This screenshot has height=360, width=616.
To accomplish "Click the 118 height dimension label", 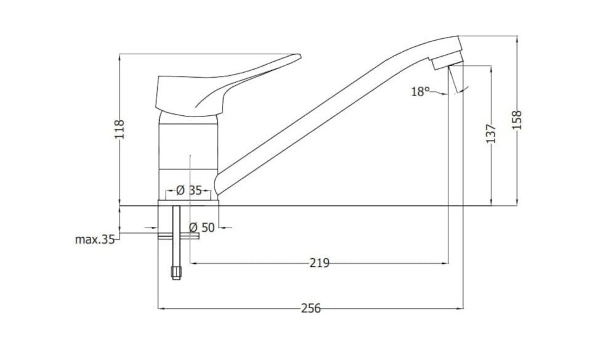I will [120, 130].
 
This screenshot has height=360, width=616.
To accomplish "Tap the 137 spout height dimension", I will [491, 134].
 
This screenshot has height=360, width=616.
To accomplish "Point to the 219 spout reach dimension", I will [319, 264].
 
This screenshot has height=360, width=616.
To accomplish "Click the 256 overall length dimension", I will [311, 308].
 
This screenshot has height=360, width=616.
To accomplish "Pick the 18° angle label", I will [419, 92].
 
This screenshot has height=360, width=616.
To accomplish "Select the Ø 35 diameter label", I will [188, 190].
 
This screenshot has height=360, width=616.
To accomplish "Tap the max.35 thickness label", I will [95, 240].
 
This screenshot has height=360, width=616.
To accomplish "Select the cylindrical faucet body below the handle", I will [189, 154].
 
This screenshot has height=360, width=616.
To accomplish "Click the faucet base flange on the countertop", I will [189, 201].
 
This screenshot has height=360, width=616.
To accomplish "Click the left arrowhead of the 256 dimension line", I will [162, 308].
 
